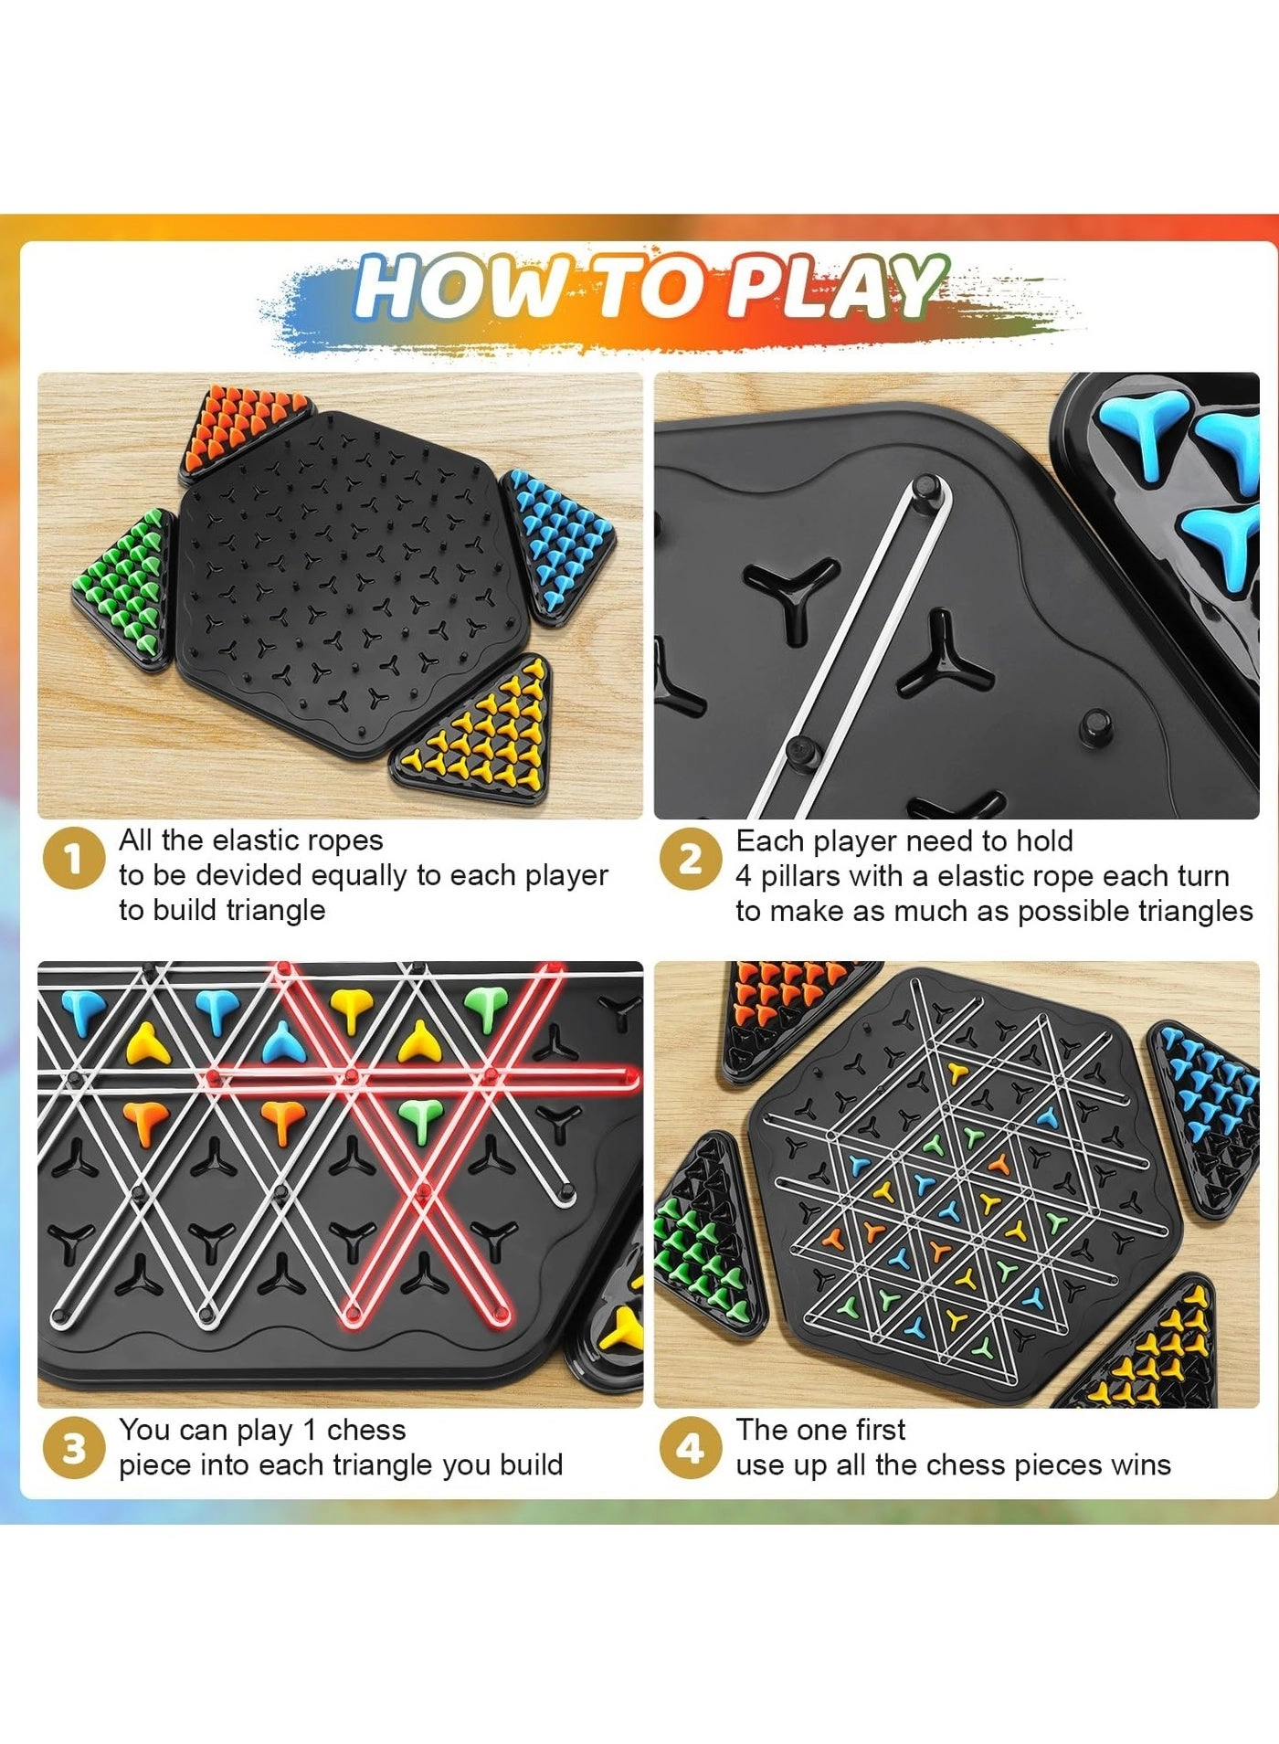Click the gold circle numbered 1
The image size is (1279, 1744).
[x=73, y=858]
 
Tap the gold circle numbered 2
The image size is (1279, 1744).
[x=690, y=858]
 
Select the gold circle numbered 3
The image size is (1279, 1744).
[x=73, y=1448]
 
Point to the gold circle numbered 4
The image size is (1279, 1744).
[x=690, y=1448]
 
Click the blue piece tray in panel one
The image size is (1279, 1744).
[x=557, y=544]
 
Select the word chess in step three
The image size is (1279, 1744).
[x=365, y=1430]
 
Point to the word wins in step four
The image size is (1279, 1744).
[x=1142, y=1465]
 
